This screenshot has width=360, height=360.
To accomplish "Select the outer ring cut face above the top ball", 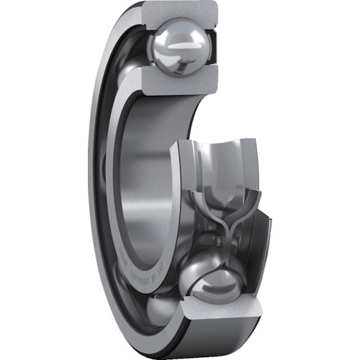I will tap(180, 13).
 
